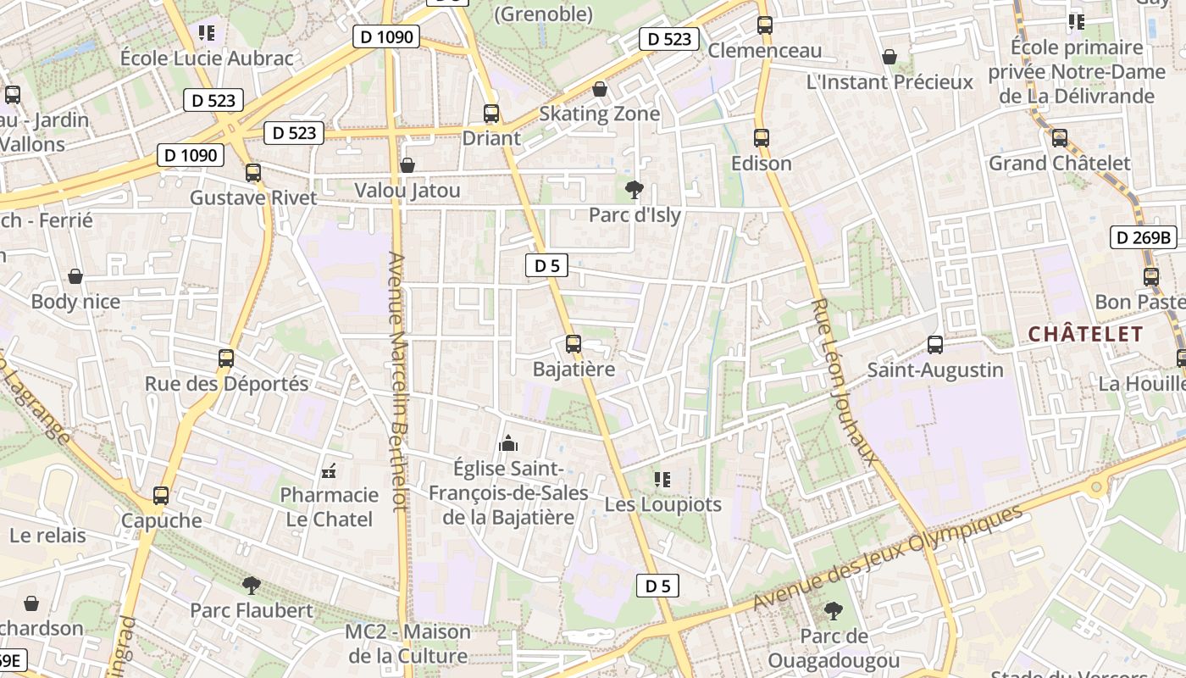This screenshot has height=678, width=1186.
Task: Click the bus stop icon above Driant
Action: pyautogui.click(x=490, y=113)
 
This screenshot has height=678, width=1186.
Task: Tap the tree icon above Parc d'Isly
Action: pyautogui.click(x=634, y=189)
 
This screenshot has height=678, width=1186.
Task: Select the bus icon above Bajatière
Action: pyautogui.click(x=574, y=344)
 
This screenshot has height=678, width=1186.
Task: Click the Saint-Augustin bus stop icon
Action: pyautogui.click(x=935, y=345)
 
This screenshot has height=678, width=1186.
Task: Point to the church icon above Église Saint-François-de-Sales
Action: pyautogui.click(x=508, y=442)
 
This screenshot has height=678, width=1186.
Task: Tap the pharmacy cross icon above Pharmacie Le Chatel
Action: pyautogui.click(x=330, y=470)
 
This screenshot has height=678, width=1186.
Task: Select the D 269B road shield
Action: pyautogui.click(x=1142, y=237)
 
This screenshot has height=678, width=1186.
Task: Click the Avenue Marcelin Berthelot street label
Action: pyautogui.click(x=398, y=381)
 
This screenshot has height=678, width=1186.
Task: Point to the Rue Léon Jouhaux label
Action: pyautogui.click(x=842, y=381)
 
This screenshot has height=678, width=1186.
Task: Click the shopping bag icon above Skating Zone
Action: pyautogui.click(x=600, y=88)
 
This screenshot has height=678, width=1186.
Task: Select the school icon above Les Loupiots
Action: pyautogui.click(x=662, y=480)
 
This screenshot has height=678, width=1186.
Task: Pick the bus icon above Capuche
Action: pyautogui.click(x=161, y=495)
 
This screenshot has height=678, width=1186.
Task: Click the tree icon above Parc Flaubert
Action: pyautogui.click(x=251, y=585)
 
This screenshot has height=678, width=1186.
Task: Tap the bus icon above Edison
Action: pyautogui.click(x=762, y=137)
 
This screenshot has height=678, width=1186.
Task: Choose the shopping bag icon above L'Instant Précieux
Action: pyautogui.click(x=890, y=57)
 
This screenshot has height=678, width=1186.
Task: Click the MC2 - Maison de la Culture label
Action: pyautogui.click(x=407, y=644)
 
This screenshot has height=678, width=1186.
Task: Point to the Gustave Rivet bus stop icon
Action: pyautogui.click(x=253, y=173)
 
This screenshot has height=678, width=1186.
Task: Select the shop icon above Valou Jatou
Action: pyautogui.click(x=407, y=164)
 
